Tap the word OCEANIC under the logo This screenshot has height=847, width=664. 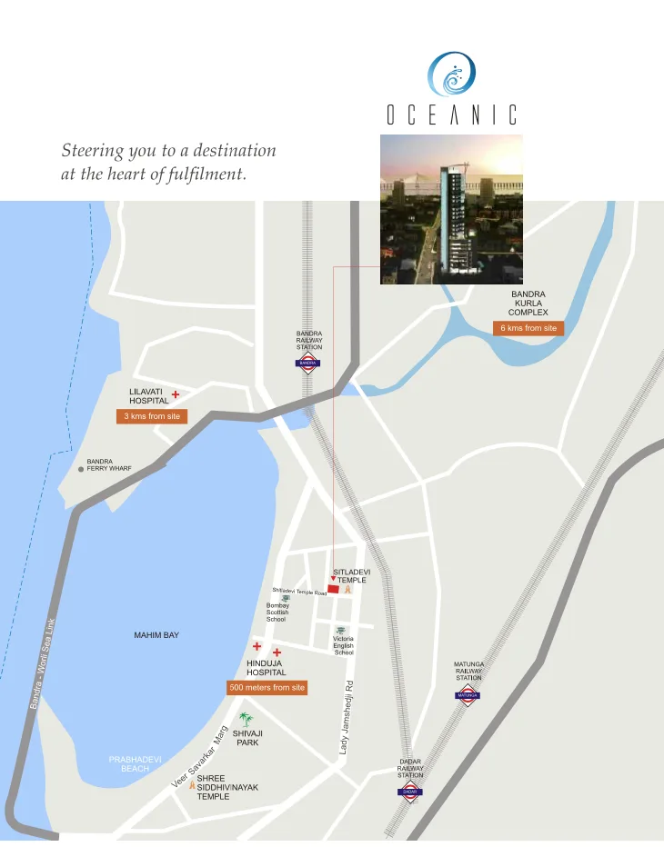click(x=451, y=115)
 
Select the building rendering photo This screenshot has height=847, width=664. click(x=451, y=209)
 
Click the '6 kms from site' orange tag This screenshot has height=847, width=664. click(x=528, y=328)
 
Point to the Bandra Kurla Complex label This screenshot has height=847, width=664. click(x=528, y=304)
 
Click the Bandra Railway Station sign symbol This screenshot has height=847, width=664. click(x=308, y=362)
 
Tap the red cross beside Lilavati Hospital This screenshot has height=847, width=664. click(x=176, y=395)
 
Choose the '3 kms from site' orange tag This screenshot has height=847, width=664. click(x=152, y=416)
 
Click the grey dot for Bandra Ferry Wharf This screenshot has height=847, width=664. click(x=81, y=470)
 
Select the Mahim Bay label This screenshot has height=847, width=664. click(x=156, y=635)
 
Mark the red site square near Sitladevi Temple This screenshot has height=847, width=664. click(x=332, y=590)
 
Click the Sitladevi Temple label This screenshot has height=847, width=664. click(x=351, y=576)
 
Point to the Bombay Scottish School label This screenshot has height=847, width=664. click(x=277, y=612)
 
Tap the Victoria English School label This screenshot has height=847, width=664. click(x=343, y=645)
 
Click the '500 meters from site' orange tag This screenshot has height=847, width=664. click(x=267, y=688)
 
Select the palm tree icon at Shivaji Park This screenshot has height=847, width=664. click(x=245, y=719)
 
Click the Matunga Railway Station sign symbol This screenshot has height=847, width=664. click(x=468, y=695)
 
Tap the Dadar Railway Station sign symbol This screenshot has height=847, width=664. click(x=409, y=792)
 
